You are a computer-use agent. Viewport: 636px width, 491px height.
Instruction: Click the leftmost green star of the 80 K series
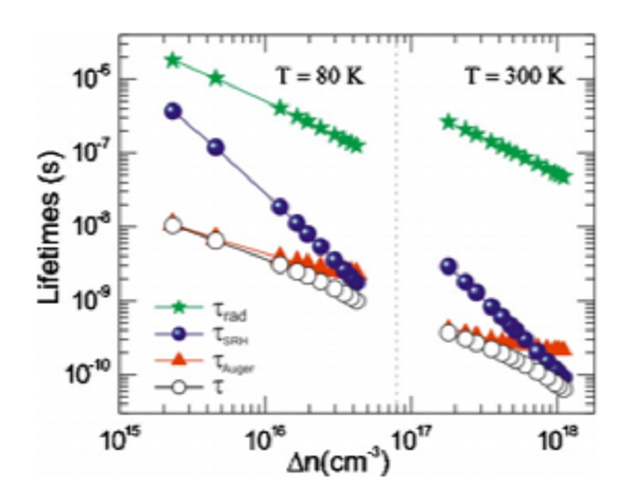coord(173,61)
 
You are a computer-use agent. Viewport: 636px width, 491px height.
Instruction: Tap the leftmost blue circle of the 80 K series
coord(173,112)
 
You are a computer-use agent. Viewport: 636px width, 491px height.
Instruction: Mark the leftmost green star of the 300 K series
coord(448,122)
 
